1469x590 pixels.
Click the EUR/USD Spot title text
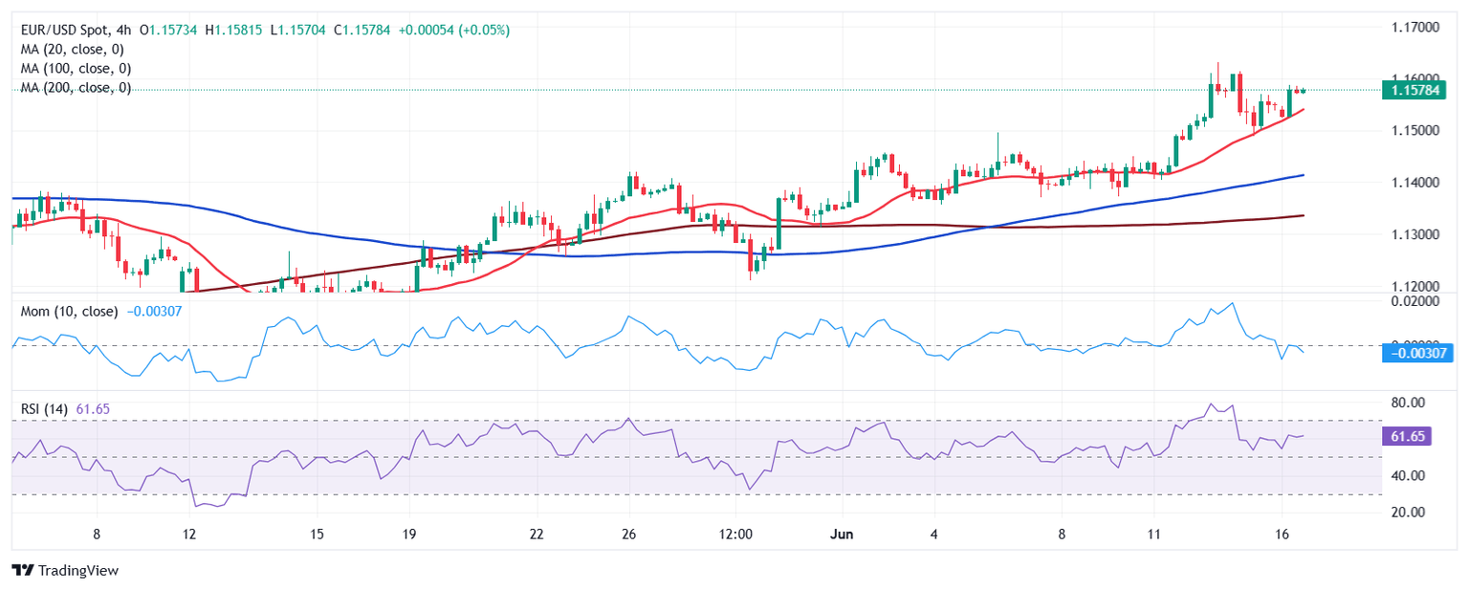pyautogui.click(x=62, y=31)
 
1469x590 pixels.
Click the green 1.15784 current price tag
pyautogui.click(x=1417, y=90)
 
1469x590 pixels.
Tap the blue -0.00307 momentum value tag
pyautogui.click(x=1418, y=354)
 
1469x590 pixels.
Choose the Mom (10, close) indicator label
pyautogui.click(x=70, y=312)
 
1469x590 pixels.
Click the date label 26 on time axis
pyautogui.click(x=628, y=534)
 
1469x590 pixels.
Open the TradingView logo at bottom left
pyautogui.click(x=65, y=571)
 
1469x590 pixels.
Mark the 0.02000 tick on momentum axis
pyautogui.click(x=1415, y=301)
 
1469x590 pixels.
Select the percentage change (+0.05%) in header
pyautogui.click(x=487, y=31)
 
